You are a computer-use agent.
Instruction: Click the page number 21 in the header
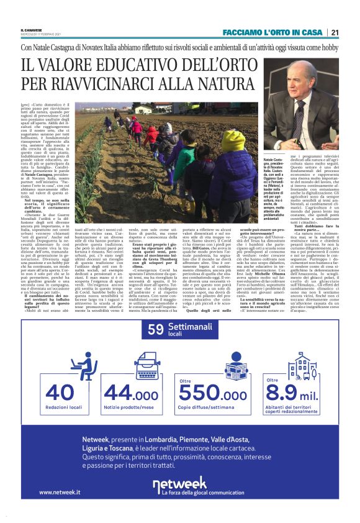(x=335, y=32)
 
